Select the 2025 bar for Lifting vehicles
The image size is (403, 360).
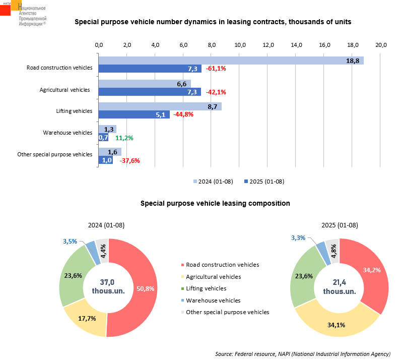tap(134, 114)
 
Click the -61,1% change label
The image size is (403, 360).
tap(216, 69)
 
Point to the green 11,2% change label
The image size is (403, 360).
tap(124, 138)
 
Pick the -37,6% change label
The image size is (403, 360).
tap(129, 160)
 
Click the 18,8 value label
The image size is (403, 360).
tap(353, 61)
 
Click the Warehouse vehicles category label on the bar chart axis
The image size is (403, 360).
tap(68, 133)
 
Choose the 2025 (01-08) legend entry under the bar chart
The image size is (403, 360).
tap(264, 181)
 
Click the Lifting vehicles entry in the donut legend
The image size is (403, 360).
tap(206, 288)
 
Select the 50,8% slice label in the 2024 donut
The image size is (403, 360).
tap(146, 288)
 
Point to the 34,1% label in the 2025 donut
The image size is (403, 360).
tap(336, 325)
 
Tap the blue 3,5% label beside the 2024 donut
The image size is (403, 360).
tap(70, 242)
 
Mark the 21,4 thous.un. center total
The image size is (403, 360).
tap(340, 286)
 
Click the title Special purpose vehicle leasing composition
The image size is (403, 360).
tap(215, 203)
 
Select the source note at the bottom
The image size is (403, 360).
tap(303, 353)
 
